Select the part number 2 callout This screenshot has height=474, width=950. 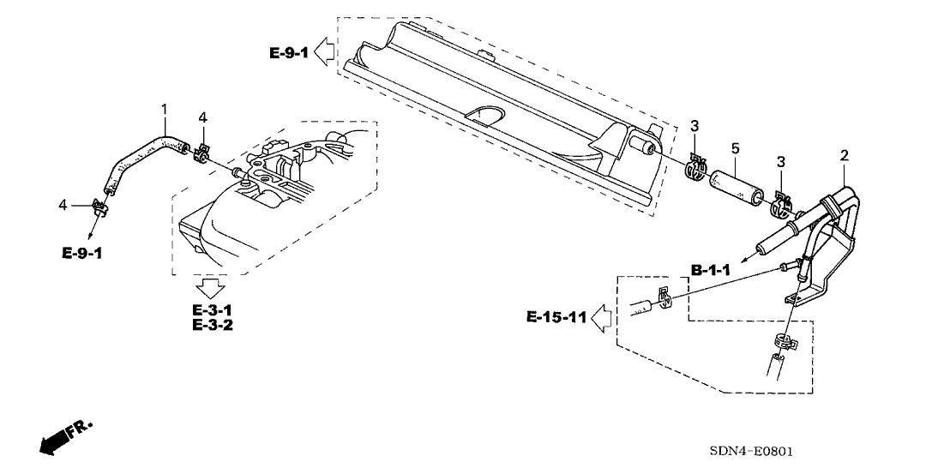pos(844,155)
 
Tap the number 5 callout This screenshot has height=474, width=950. pos(735,148)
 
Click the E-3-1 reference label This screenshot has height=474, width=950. pos(213,309)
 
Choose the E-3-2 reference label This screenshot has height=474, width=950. pos(213,325)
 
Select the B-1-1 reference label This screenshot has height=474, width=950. pos(711,270)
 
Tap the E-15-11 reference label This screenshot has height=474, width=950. pos(556,318)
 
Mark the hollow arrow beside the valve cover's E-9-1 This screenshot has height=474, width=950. pos(324,53)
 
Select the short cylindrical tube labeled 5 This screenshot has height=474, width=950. pos(734,183)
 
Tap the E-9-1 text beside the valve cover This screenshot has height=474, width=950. pos(287,53)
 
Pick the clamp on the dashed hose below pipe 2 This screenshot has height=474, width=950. pos(781,342)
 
